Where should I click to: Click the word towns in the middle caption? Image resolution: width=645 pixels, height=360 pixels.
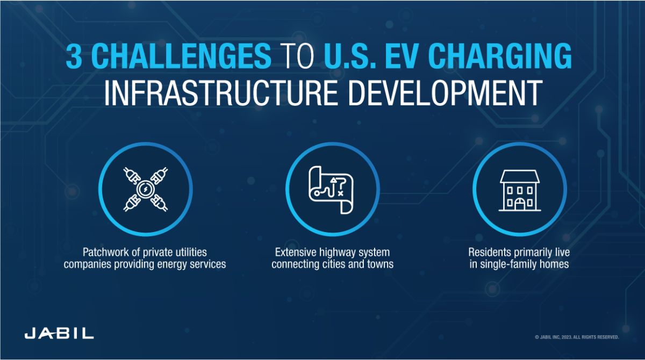[x=379, y=264]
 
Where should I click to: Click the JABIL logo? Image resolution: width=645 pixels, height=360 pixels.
[x=59, y=333]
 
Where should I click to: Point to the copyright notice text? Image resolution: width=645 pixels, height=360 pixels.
[x=577, y=337]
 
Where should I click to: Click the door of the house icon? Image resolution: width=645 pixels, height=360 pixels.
[x=519, y=204]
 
